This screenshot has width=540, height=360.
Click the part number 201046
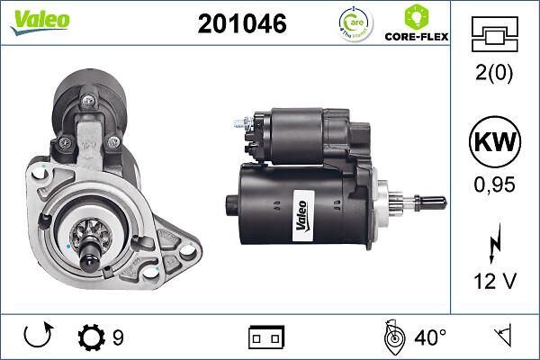(241, 24)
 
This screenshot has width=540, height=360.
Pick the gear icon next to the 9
(92, 338)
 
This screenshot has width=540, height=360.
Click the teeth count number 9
(118, 338)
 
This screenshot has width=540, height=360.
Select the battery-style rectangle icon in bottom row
(265, 338)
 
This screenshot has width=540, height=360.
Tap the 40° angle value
(430, 338)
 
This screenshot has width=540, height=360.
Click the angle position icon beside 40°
(392, 338)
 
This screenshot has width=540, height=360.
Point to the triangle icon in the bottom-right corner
(501, 338)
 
